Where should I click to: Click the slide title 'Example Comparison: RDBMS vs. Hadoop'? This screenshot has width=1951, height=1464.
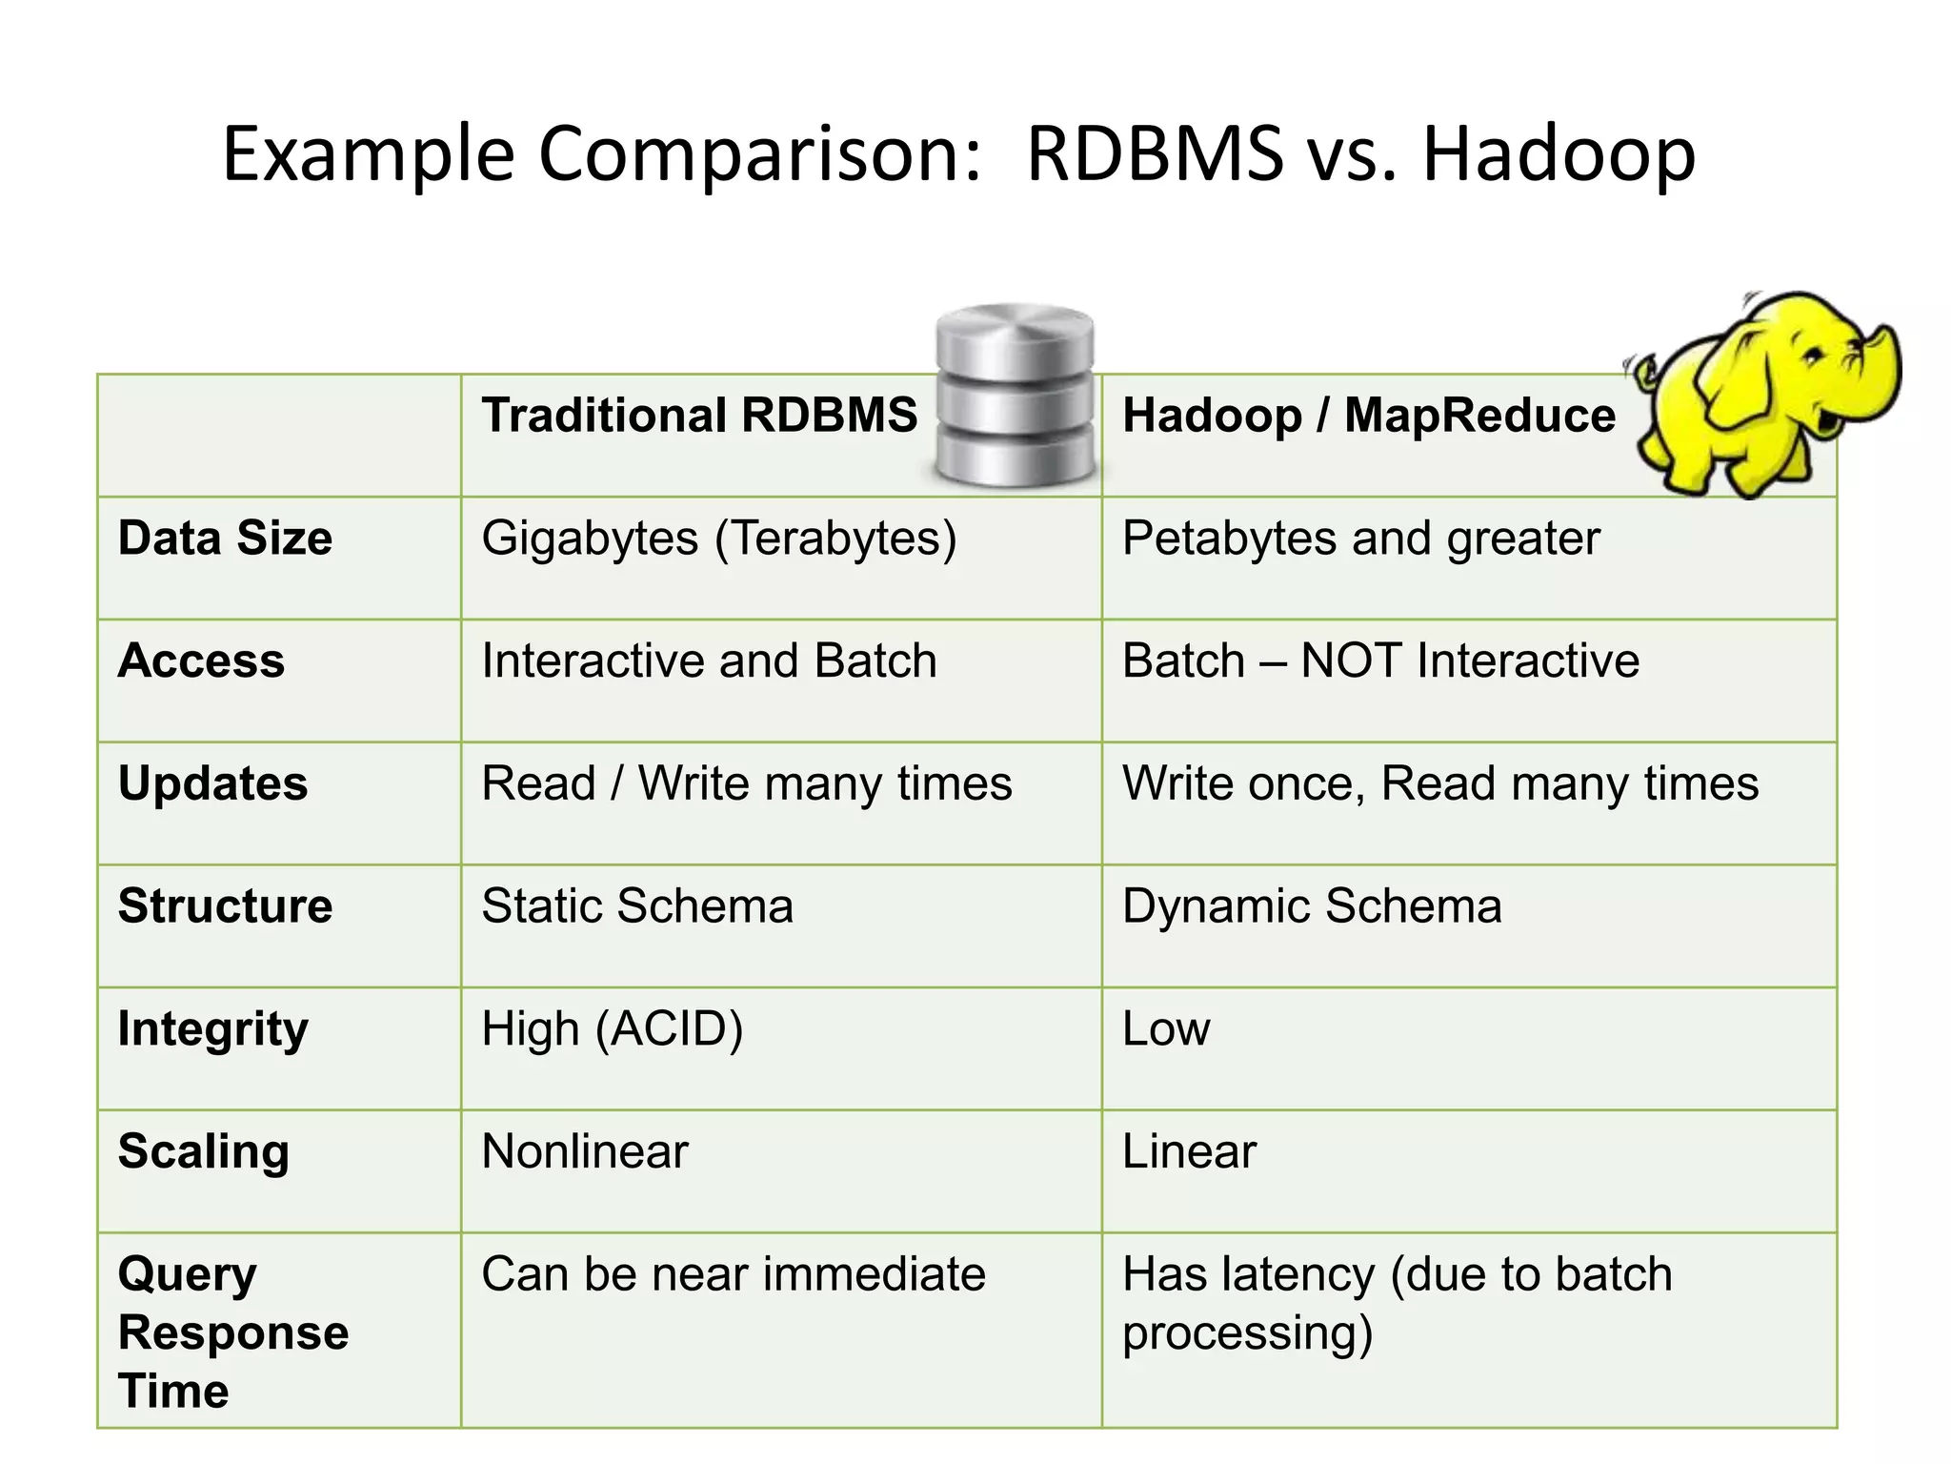(958, 154)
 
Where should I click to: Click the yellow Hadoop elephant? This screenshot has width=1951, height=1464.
(1762, 395)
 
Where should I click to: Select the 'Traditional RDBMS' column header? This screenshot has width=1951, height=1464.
(699, 416)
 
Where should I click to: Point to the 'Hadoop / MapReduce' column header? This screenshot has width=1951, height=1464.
(1368, 416)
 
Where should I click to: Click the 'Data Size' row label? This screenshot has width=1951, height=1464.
(225, 539)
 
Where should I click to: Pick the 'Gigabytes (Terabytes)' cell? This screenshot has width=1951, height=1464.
(718, 539)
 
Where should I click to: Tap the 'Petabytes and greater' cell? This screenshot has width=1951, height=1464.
(1360, 539)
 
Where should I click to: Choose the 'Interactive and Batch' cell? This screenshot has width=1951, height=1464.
(709, 661)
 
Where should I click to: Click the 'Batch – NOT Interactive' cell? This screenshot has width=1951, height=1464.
(1380, 661)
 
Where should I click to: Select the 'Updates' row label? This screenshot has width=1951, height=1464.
(212, 783)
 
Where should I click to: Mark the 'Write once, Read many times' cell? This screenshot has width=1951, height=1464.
(1439, 783)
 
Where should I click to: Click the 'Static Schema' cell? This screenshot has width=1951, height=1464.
(636, 906)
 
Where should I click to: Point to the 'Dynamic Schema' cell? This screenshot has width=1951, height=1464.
(1311, 906)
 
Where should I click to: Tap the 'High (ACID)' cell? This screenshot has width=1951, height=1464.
(612, 1029)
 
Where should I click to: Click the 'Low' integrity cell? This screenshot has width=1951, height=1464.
(1166, 1029)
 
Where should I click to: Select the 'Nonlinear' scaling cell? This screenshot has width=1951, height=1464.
(584, 1151)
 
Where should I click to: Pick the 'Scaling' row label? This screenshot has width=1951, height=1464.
(203, 1151)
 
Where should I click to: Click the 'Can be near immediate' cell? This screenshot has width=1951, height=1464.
(733, 1274)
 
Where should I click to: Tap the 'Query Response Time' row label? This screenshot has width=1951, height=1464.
(232, 1332)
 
